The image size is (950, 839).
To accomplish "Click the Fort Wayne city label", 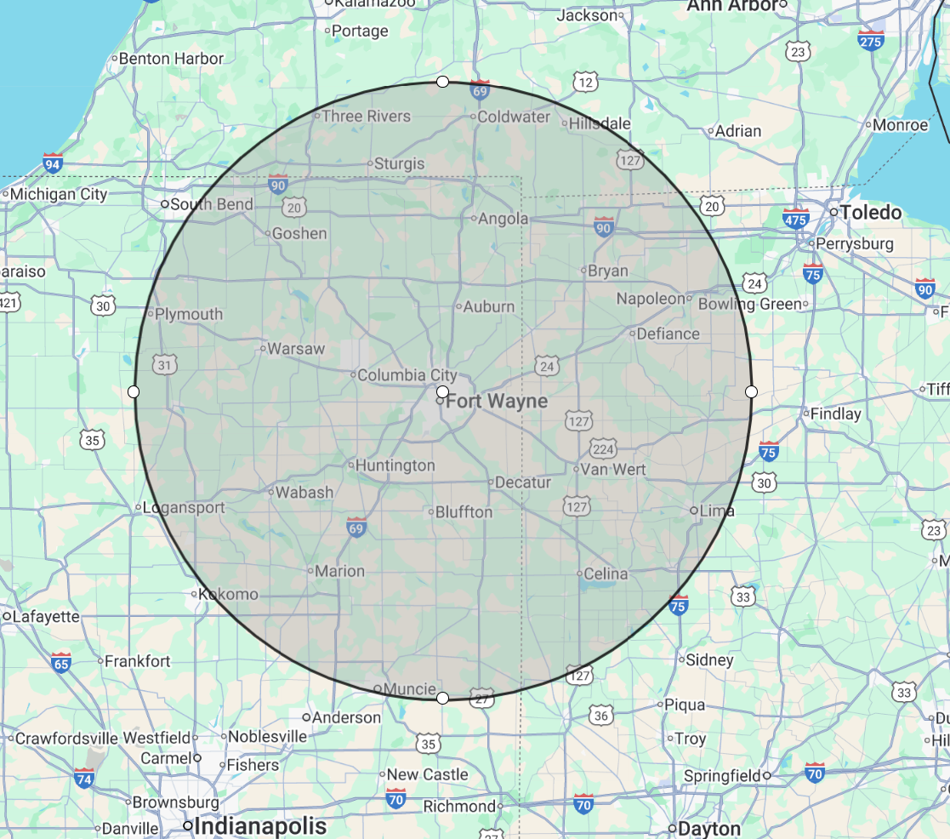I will [497, 401].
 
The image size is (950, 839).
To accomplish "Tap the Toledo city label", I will [871, 212].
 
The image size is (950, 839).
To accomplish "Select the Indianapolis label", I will [260, 825].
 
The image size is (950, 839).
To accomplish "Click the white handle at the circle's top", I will [442, 82].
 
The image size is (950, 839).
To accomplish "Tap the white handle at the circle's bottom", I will [442, 699].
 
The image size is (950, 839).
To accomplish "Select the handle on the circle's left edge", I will [134, 391].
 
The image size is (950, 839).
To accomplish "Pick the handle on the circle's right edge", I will [751, 391].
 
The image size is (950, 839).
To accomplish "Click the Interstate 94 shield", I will [53, 163].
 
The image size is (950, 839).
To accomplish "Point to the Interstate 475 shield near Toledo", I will [795, 218].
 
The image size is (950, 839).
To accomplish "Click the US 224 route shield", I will [603, 448].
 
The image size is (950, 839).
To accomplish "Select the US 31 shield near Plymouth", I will [165, 365].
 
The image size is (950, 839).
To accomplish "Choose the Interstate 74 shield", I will [84, 777].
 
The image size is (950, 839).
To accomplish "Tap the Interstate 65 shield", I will [60, 662].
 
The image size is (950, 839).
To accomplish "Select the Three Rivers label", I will [366, 116].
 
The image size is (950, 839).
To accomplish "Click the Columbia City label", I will [407, 375].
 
